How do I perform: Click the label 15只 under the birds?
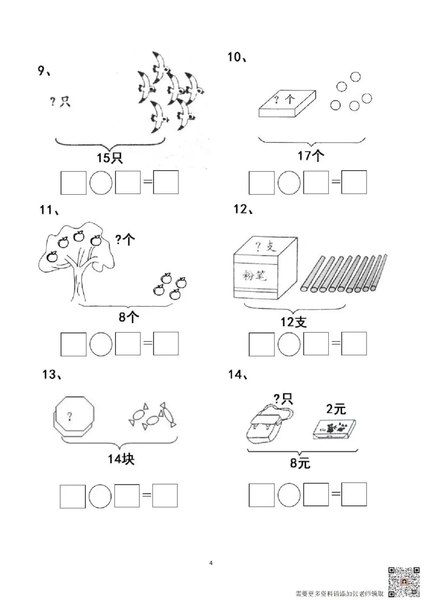(110, 158)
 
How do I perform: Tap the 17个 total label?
(311, 155)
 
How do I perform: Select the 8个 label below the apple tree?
(129, 317)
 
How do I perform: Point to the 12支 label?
(293, 322)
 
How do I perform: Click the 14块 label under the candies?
(121, 458)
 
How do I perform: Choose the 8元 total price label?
(300, 463)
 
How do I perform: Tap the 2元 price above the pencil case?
(336, 409)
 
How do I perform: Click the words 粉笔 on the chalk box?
(254, 275)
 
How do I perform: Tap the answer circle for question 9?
(101, 183)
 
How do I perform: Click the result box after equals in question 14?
(354, 495)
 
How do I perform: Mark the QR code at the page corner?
(404, 582)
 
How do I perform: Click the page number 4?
(211, 563)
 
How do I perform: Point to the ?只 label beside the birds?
(60, 102)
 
